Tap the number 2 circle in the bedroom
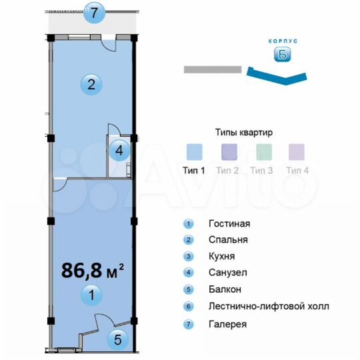[91, 84]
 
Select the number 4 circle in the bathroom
[119, 150]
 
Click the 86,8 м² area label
[93, 271]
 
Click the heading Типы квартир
[244, 132]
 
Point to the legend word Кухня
[221, 256]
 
